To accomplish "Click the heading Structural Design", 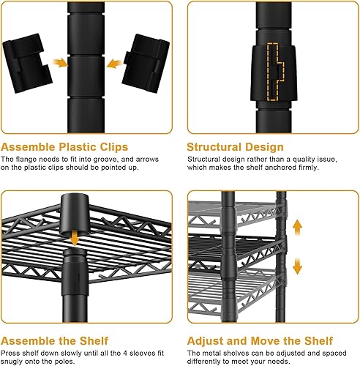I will pos(234,147).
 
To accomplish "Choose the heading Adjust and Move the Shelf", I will pos(259,341).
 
